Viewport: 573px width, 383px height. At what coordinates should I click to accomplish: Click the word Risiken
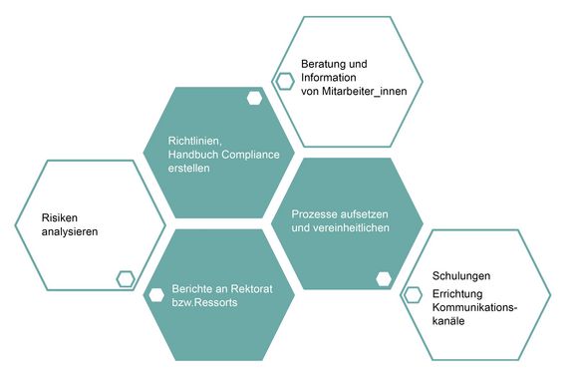(x=58, y=216)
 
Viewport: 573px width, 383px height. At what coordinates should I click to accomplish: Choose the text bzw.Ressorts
(x=205, y=302)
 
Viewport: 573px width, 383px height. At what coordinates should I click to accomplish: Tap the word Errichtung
(x=457, y=294)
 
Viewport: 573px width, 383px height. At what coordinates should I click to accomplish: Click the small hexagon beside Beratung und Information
(x=285, y=82)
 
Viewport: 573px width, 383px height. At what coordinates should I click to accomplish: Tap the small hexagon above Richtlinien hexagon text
(x=255, y=98)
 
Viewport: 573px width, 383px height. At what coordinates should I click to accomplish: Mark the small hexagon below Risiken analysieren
(x=126, y=279)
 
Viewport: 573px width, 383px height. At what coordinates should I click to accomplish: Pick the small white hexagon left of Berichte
(x=154, y=294)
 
